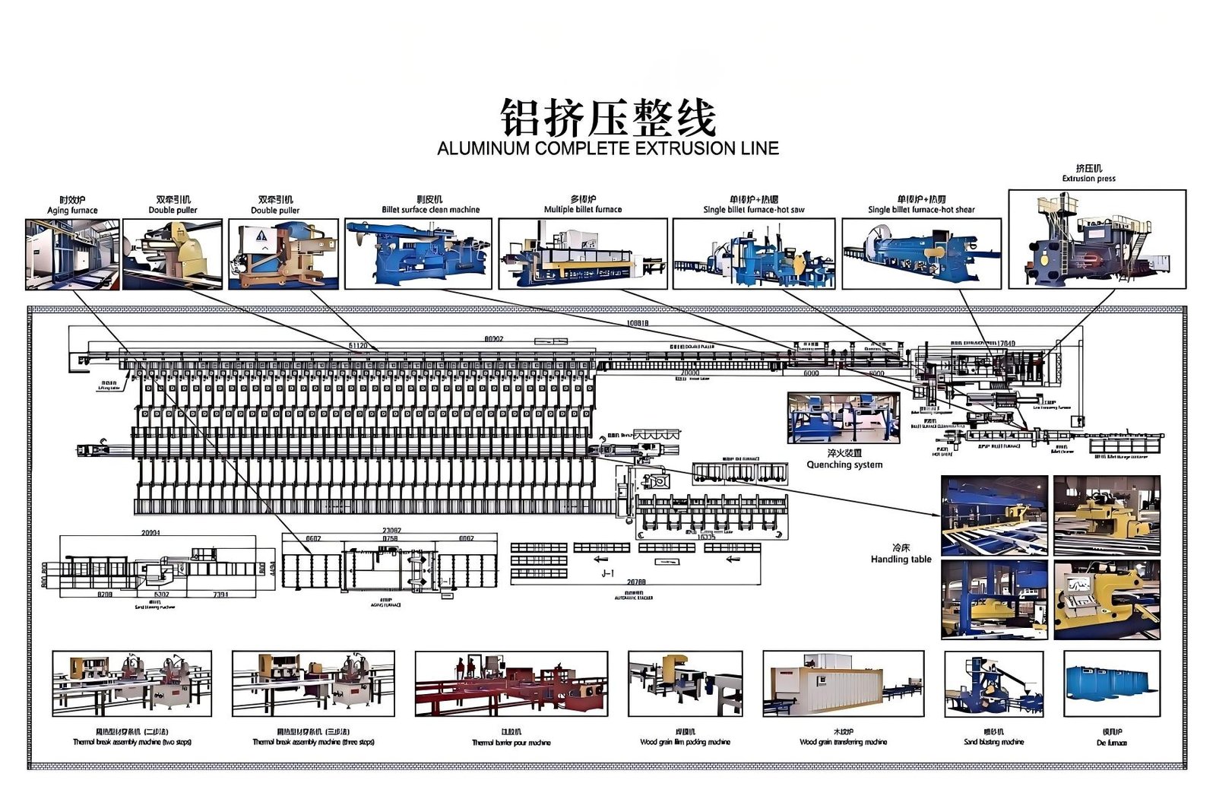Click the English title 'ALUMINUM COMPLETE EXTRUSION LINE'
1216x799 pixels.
(x=608, y=148)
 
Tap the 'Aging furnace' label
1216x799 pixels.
(x=72, y=211)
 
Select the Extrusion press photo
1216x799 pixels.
(x=1097, y=239)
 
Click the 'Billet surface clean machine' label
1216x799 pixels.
(x=431, y=210)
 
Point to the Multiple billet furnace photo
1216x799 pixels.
(x=583, y=254)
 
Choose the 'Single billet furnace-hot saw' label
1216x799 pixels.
(x=754, y=210)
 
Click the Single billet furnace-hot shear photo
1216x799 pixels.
(x=921, y=254)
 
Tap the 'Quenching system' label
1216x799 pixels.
(x=844, y=464)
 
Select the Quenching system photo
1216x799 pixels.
(x=844, y=418)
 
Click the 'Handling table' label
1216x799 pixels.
(x=901, y=559)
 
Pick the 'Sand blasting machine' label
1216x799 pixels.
(x=993, y=742)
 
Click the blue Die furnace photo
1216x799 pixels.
(x=1112, y=683)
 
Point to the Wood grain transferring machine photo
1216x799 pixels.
(x=843, y=683)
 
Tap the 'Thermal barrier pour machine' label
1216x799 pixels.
(x=511, y=743)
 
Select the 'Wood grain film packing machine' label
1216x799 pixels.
(x=685, y=742)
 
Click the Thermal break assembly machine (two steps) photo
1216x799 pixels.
(x=132, y=683)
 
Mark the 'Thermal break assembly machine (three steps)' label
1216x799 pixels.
(x=313, y=742)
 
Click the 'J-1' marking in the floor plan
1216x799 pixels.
(x=607, y=573)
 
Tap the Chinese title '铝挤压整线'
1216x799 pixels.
(x=608, y=118)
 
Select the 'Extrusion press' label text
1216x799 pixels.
(x=1088, y=179)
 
